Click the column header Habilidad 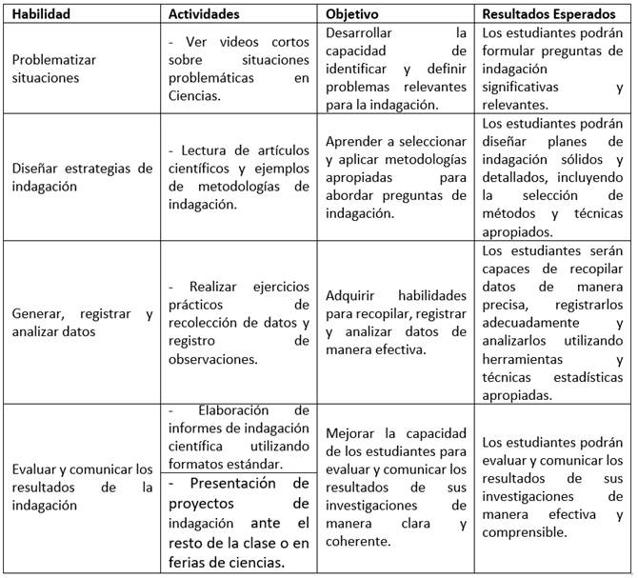45,14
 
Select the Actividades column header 203,14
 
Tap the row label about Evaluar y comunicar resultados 82,487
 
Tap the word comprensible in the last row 526,532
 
